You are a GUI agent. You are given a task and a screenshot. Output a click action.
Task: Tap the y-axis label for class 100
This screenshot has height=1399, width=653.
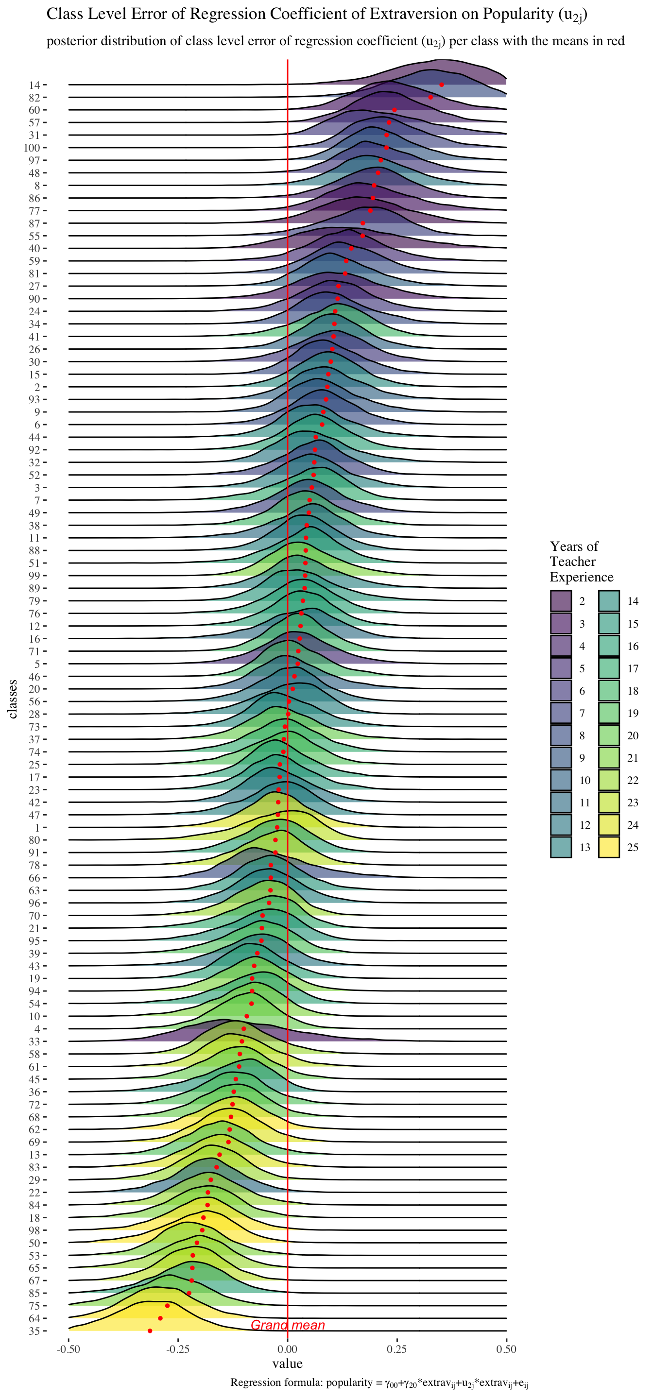(32, 148)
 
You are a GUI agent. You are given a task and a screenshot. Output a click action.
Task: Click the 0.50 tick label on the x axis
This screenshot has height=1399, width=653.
(506, 1349)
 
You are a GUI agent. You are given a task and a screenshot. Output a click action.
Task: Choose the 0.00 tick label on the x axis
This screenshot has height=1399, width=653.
(287, 1349)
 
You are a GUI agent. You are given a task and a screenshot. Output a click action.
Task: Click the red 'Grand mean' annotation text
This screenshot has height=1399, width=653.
(288, 1325)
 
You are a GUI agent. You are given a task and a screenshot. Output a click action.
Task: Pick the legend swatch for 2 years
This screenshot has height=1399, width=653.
(561, 601)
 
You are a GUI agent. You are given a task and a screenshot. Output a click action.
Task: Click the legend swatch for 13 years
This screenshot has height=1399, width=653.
(561, 847)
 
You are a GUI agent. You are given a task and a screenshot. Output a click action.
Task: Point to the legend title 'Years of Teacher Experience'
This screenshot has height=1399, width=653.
(581, 562)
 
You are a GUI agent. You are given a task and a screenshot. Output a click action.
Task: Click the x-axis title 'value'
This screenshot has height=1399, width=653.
(287, 1363)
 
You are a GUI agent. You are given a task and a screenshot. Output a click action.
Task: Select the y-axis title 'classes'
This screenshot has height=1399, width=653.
(13, 699)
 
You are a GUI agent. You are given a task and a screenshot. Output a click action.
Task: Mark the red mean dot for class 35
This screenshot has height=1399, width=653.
(150, 1331)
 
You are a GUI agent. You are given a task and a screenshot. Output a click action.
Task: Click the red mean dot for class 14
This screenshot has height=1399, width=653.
(441, 85)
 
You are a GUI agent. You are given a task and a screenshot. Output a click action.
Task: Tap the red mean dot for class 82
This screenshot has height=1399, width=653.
(430, 97)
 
